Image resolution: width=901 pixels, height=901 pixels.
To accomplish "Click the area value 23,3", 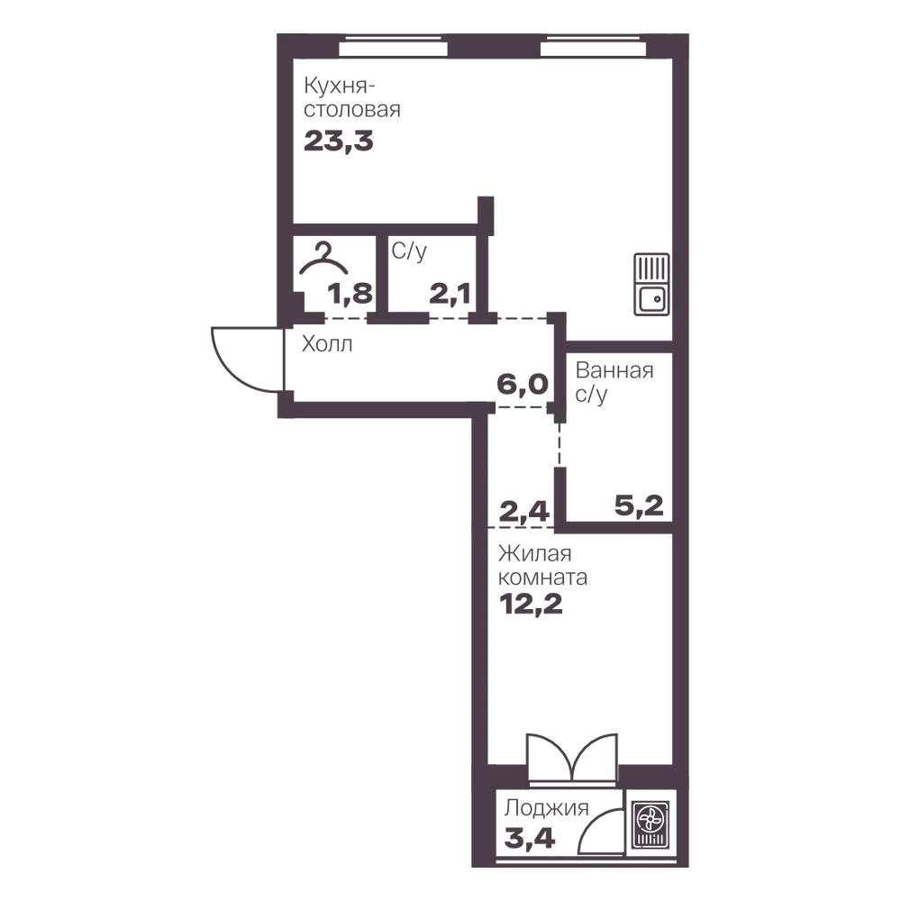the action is coord(339,141).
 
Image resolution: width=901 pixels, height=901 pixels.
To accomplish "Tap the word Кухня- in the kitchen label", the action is coord(339,86).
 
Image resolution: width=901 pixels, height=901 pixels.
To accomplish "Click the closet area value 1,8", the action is coord(350,294).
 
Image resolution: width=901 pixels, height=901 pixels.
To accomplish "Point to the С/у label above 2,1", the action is coord(409,251).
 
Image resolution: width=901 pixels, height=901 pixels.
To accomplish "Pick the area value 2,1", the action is coord(450,295).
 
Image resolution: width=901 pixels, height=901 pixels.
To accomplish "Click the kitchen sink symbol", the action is coord(651,285).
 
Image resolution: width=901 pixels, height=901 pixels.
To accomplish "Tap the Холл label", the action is coord(327,344).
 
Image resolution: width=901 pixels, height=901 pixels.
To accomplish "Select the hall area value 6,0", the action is coord(523,384).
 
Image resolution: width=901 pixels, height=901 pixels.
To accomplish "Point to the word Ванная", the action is coord(614,370).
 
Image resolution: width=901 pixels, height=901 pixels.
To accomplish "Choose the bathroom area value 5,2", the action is coord(639,505).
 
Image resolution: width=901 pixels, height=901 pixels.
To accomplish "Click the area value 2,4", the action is coord(524,511).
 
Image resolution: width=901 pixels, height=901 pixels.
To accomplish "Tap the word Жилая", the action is coord(534,554).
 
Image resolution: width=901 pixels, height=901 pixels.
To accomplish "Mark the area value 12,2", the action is coord(531,604).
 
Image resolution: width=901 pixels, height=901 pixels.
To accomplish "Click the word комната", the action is coord(542,577).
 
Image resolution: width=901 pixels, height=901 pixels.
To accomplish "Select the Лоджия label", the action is coord(547,808).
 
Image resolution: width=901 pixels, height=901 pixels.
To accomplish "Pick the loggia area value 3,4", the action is coord(530,838).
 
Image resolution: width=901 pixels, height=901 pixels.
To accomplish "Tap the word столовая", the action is coord(352,110).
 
